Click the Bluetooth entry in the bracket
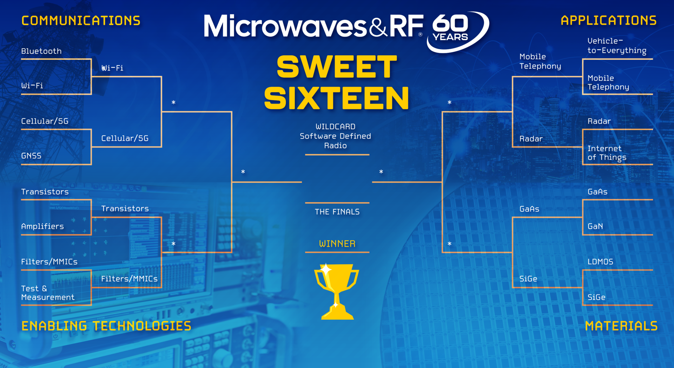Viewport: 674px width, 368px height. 41,51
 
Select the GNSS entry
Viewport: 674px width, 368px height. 31,156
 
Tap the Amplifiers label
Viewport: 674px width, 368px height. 42,226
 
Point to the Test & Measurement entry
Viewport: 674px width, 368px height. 47,293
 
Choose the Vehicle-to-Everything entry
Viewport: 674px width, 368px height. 617,46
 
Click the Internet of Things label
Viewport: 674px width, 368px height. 607,153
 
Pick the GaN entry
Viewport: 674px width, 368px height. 595,226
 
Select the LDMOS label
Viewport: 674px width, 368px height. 600,262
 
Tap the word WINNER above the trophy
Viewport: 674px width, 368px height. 337,244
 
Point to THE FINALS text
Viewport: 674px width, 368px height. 337,212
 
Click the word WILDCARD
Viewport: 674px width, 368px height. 335,127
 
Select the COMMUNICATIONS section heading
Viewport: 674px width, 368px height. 81,21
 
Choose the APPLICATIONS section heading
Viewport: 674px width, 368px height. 608,20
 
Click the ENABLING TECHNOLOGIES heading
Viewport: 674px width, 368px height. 106,326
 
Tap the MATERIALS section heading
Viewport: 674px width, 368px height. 621,326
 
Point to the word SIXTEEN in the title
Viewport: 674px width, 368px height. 336,98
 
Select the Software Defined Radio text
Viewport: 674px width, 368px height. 335,141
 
